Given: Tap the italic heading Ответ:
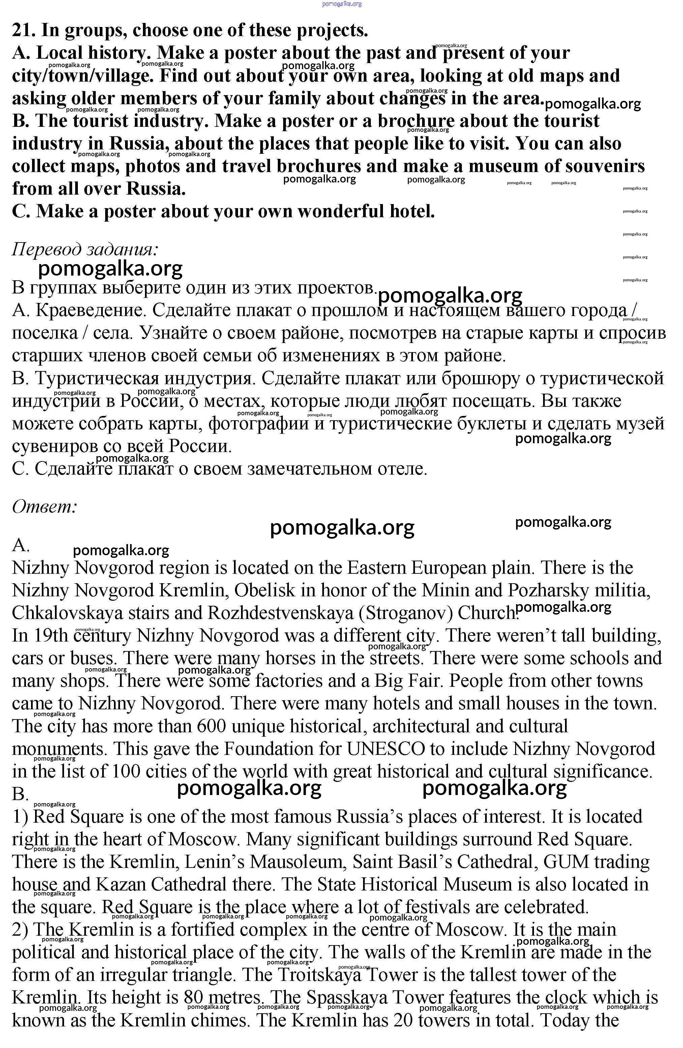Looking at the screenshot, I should tap(44, 506).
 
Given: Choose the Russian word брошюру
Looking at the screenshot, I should tap(473, 378).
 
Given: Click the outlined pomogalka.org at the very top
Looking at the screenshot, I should tap(342, 4).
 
